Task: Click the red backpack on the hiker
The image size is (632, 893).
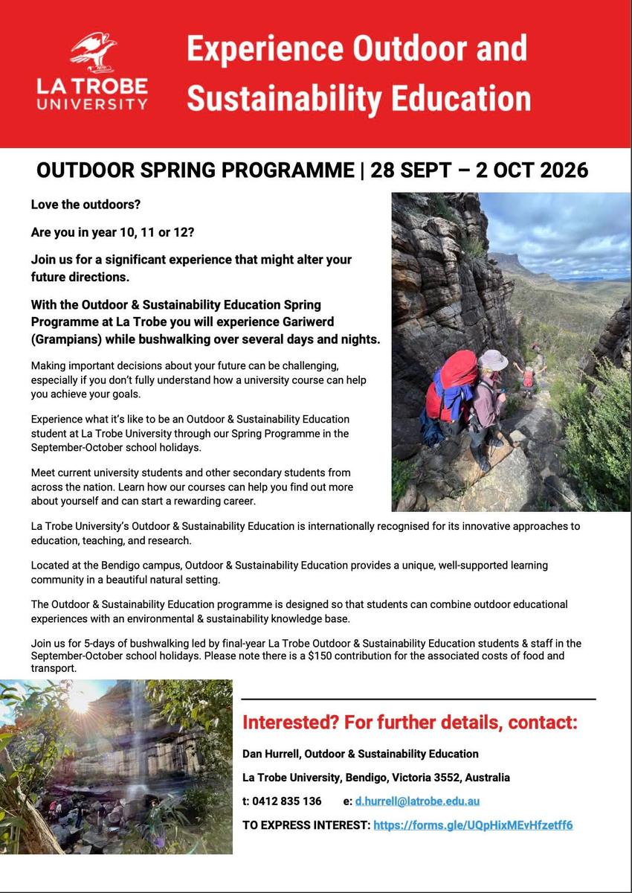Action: [448, 387]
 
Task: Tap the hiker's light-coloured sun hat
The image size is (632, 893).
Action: [492, 359]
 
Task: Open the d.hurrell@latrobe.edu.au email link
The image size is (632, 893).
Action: [416, 801]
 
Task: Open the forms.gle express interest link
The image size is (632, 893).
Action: [473, 825]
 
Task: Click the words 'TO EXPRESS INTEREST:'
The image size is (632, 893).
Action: [306, 825]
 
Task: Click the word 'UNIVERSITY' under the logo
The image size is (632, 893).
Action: [92, 103]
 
